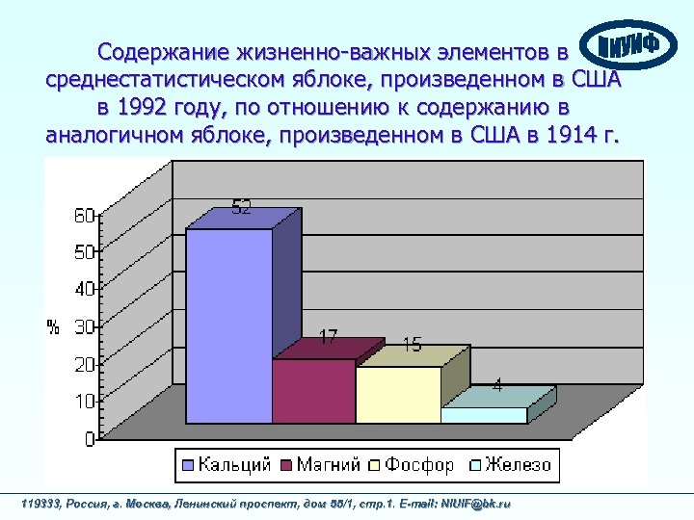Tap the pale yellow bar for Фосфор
398,394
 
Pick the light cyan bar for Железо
484,415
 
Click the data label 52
241,207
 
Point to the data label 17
328,337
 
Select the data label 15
412,344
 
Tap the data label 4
497,385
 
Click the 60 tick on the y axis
84,216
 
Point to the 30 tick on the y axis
84,327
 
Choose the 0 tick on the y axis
89,439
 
